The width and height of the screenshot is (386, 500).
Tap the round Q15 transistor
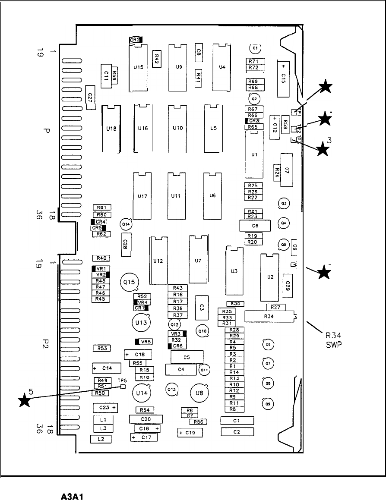[x=129, y=282]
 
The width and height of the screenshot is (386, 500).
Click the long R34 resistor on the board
[x=269, y=316]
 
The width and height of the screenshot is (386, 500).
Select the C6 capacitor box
[x=255, y=226]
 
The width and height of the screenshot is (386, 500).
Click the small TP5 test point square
[x=123, y=386]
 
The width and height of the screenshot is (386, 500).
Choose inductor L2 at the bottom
[x=101, y=439]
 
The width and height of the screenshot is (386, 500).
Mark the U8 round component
[x=199, y=393]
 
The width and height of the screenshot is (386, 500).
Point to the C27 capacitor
[x=90, y=97]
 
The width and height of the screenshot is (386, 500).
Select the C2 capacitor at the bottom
[x=237, y=432]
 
